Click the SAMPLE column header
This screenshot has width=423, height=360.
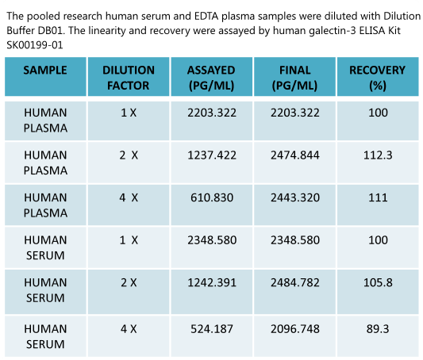[x=45, y=70]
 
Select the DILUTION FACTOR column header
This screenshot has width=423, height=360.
[x=129, y=77]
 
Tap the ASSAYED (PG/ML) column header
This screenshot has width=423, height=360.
[x=211, y=77]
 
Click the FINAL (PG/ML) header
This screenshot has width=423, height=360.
[x=294, y=77]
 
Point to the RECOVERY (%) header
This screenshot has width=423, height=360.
[x=377, y=77]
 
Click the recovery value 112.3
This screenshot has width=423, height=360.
[x=378, y=156]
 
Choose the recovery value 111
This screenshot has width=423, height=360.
[x=378, y=199]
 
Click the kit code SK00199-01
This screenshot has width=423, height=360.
[x=34, y=45]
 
